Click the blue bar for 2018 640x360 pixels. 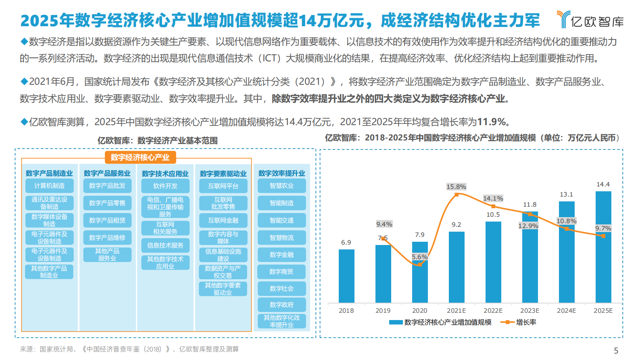click(x=346, y=276)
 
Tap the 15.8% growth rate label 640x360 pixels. click(x=456, y=187)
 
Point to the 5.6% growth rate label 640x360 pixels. click(x=419, y=257)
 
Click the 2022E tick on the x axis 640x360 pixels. click(x=493, y=311)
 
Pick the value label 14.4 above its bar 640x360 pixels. click(x=603, y=184)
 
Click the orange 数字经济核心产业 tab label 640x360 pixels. click(x=140, y=157)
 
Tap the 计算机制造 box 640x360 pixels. click(x=49, y=186)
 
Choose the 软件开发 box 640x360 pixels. click(x=165, y=186)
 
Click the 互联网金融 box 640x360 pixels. click(x=223, y=220)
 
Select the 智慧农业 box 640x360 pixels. click(x=281, y=186)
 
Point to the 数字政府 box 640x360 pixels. click(x=281, y=305)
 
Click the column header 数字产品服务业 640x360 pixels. click(x=107, y=174)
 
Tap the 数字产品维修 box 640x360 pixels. click(x=107, y=238)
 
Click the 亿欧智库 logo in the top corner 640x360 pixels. click(x=590, y=20)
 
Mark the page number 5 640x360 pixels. click(x=616, y=350)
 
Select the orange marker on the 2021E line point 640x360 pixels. click(x=457, y=195)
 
